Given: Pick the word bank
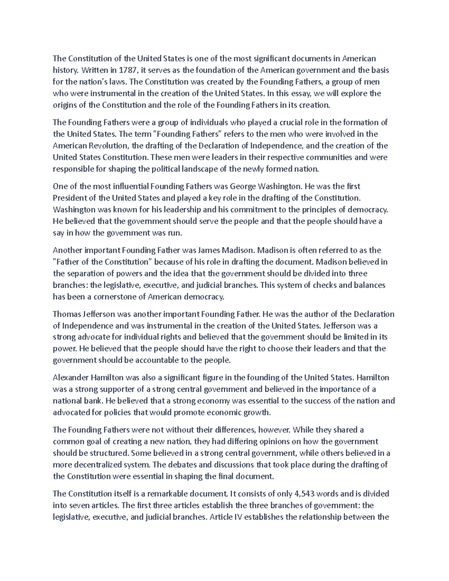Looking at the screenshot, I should click(x=95, y=401).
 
